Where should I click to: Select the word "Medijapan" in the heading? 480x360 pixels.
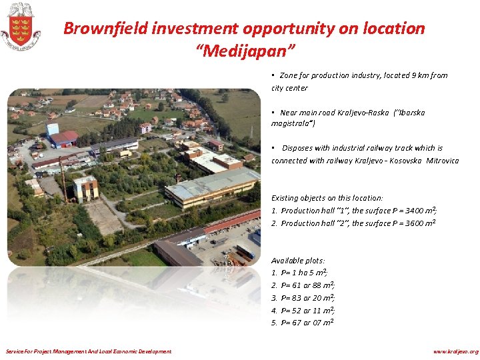click(x=244, y=50)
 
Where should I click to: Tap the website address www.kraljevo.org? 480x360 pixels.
click(x=455, y=351)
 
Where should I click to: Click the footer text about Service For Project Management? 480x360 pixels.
click(x=88, y=351)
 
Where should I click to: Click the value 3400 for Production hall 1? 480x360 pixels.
click(x=410, y=211)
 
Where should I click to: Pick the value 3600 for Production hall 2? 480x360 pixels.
click(x=410, y=223)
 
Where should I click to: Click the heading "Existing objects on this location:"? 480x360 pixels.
click(x=327, y=198)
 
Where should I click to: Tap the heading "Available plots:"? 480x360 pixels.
click(x=298, y=261)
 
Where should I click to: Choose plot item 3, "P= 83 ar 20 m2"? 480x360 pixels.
click(x=307, y=298)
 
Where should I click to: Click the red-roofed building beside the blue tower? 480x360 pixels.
click(x=64, y=139)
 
